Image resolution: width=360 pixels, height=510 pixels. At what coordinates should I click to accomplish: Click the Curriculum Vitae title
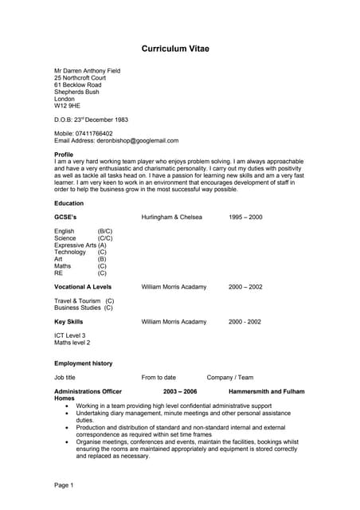175,49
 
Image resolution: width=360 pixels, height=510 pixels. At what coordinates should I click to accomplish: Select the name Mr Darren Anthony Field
88,70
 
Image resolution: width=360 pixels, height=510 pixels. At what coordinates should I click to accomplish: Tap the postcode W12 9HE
67,106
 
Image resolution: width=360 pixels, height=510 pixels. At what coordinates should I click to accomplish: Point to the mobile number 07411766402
95,134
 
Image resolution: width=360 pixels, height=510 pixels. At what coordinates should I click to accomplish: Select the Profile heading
64,155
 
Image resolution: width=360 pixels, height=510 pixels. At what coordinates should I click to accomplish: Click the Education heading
68,203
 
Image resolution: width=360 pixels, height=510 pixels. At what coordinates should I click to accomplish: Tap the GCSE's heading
65,217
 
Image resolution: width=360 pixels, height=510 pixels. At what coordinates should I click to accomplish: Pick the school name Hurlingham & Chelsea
171,217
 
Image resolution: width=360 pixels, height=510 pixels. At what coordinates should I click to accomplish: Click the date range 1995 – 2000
245,217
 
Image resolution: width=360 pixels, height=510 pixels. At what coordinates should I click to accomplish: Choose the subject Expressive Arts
75,245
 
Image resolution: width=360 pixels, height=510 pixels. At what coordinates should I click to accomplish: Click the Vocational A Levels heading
83,287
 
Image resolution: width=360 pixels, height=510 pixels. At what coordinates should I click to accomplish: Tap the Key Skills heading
68,322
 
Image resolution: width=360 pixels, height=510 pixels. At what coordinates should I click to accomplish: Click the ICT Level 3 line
70,335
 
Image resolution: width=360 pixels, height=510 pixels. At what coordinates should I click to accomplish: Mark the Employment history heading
84,363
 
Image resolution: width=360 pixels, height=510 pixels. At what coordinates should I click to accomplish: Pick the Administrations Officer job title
88,392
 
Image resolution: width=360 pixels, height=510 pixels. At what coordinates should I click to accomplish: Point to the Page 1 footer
64,485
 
